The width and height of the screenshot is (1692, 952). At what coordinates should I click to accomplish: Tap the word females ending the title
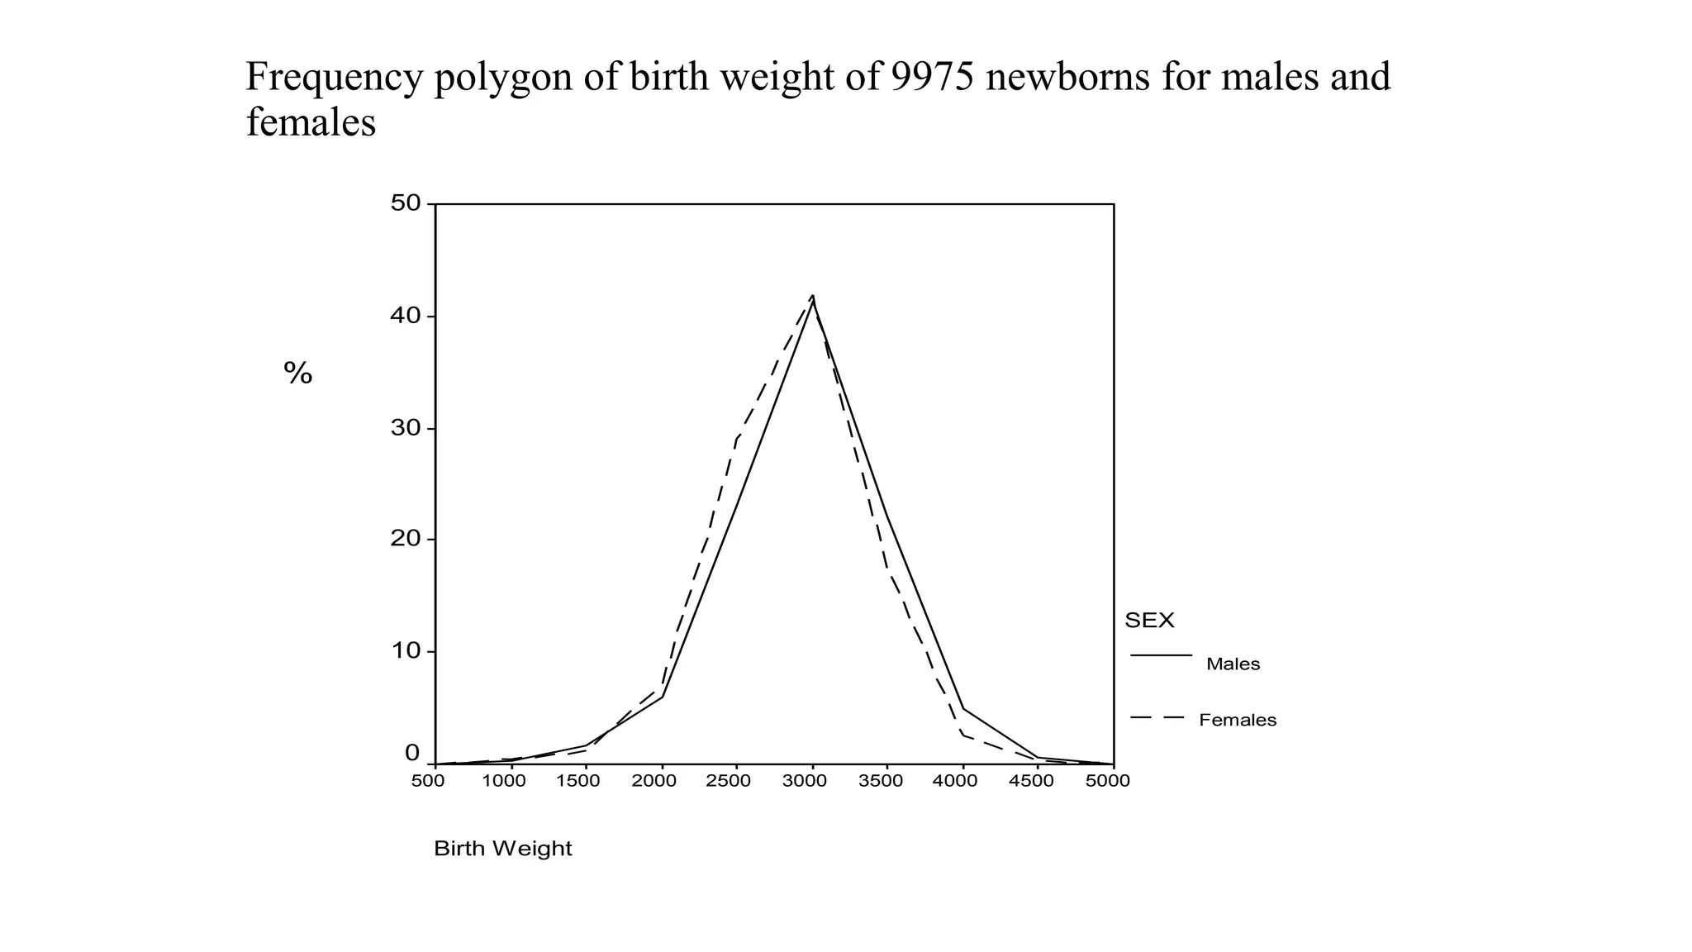(311, 123)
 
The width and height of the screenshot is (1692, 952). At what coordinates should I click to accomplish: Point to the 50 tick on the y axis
(406, 203)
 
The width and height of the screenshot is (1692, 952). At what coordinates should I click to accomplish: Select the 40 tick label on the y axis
(406, 317)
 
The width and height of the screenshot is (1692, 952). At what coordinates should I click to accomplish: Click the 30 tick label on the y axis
(406, 428)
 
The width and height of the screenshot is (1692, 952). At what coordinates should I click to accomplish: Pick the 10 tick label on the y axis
(406, 651)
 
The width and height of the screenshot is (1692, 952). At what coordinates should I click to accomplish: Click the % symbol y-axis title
(297, 374)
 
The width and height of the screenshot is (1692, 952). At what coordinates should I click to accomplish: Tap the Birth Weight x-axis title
(502, 849)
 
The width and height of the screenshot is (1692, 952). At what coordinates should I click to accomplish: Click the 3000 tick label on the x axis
(805, 782)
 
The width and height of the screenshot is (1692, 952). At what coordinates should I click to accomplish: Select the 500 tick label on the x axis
(428, 782)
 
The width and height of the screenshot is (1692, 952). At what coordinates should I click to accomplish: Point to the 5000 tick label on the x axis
(1107, 782)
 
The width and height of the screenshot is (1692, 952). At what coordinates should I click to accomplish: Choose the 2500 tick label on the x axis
(729, 782)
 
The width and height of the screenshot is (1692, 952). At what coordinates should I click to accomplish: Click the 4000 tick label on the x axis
(955, 782)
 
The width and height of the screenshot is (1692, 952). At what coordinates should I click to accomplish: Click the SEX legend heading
(1149, 621)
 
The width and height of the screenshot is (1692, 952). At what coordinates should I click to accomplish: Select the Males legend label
(1233, 664)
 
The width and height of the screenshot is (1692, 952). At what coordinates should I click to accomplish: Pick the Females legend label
(1238, 721)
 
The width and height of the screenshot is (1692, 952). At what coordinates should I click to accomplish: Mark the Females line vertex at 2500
(736, 439)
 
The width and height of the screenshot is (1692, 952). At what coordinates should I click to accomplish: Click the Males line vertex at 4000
(963, 708)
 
